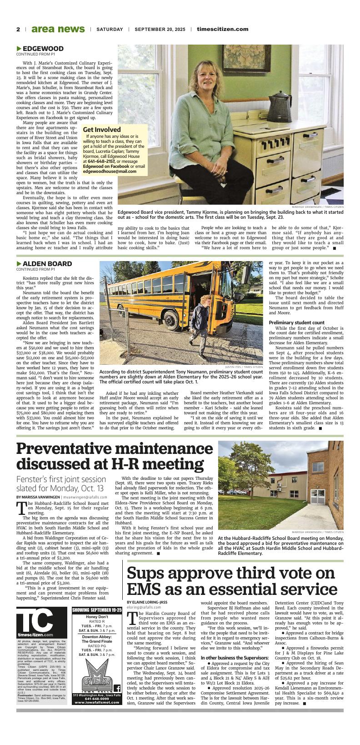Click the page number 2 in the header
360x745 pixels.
point(18,29)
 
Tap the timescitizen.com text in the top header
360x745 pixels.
point(222,29)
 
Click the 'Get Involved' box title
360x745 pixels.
point(101,130)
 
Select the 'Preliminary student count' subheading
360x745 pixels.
point(296,322)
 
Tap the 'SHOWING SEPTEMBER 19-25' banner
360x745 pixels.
point(97,609)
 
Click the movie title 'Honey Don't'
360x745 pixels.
point(97,617)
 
